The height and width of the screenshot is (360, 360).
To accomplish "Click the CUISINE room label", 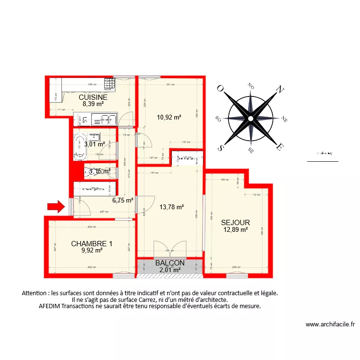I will coord(93,97).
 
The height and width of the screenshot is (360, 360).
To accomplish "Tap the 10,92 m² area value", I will coord(169,117).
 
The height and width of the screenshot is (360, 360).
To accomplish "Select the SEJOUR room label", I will coord(235,223).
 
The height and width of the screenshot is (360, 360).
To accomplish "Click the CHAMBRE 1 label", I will coord(92,243).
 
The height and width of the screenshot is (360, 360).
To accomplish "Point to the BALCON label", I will coord(170,263).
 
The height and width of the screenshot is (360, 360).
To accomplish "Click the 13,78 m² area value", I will coord(171,207).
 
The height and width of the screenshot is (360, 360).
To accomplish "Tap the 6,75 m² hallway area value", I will coord(123,201).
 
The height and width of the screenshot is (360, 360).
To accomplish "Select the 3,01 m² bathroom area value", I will coord(94,144).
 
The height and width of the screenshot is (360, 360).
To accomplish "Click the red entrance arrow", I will coord(56,206).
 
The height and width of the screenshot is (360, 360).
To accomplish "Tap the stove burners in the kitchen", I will coord(109,84).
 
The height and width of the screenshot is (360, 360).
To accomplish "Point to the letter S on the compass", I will coord(221,147).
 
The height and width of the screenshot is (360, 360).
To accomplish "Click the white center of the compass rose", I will coord(250,118).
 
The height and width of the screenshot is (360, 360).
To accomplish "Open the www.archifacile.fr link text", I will coord(330,324).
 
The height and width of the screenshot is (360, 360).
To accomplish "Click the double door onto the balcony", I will coord(169,249).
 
